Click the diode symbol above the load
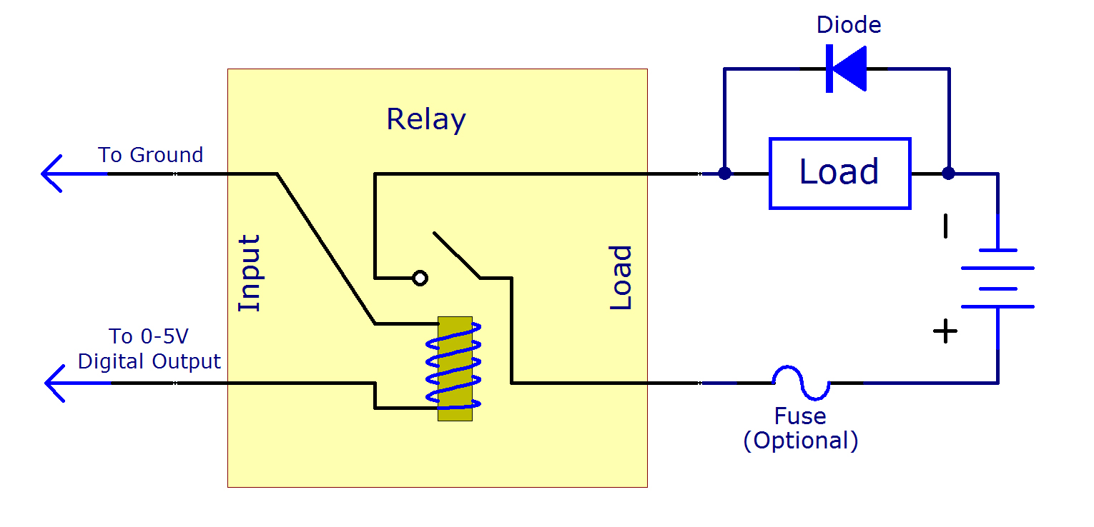point(846,69)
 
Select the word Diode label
point(849,25)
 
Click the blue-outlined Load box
point(839,173)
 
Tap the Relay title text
point(425,119)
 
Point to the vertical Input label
point(249,273)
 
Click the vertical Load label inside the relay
point(621,278)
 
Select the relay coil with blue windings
point(455,368)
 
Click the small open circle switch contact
point(420,278)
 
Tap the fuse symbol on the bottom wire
point(801,383)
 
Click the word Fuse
point(800,416)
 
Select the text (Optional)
point(800,441)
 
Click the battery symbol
point(997,278)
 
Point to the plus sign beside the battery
point(945,331)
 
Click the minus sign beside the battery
point(946,226)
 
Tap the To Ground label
point(150,155)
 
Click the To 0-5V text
point(149,336)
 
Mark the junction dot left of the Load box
point(724,174)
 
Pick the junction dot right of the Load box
point(948,174)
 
